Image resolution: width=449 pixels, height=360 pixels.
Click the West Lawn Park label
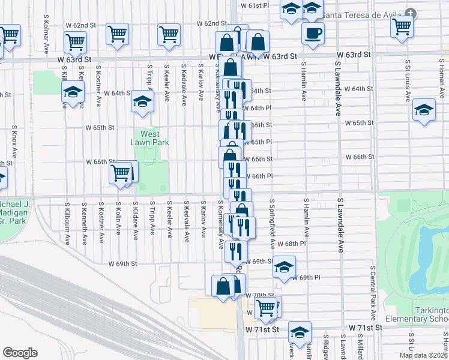click(x=150, y=138)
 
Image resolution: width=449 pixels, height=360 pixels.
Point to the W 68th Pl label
click(x=292, y=244)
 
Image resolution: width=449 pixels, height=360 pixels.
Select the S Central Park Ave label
click(x=373, y=292)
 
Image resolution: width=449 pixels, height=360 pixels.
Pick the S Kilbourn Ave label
click(x=66, y=223)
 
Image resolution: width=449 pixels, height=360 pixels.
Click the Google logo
click(x=20, y=353)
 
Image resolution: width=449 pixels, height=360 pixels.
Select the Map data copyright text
click(x=423, y=355)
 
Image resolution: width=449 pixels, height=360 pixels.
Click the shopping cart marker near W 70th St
click(x=265, y=308)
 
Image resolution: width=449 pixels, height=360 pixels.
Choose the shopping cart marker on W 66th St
click(x=120, y=173)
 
